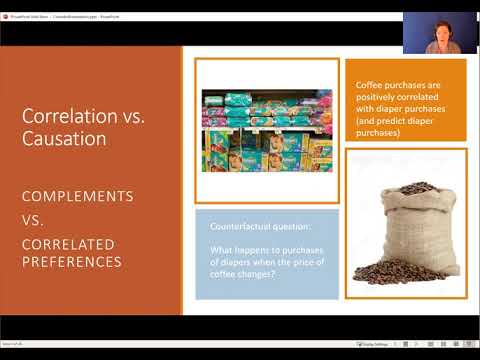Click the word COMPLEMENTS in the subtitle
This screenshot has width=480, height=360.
[x=77, y=196]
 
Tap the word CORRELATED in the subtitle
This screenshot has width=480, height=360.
[x=68, y=244]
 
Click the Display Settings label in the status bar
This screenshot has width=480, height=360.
[x=386, y=344]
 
